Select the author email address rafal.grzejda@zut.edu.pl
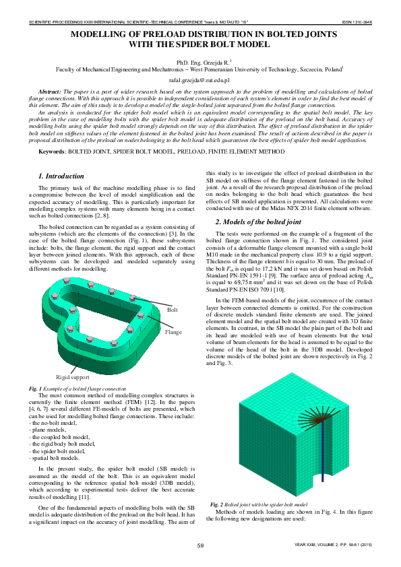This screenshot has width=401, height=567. coord(200,79)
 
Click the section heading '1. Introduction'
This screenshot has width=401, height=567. coord(59,176)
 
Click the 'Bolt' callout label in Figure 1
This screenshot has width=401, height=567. coord(172,310)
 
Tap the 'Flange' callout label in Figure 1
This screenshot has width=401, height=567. coord(174,333)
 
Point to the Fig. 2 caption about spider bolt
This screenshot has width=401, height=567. coord(259,504)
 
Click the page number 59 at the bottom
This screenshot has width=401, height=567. coord(200,545)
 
